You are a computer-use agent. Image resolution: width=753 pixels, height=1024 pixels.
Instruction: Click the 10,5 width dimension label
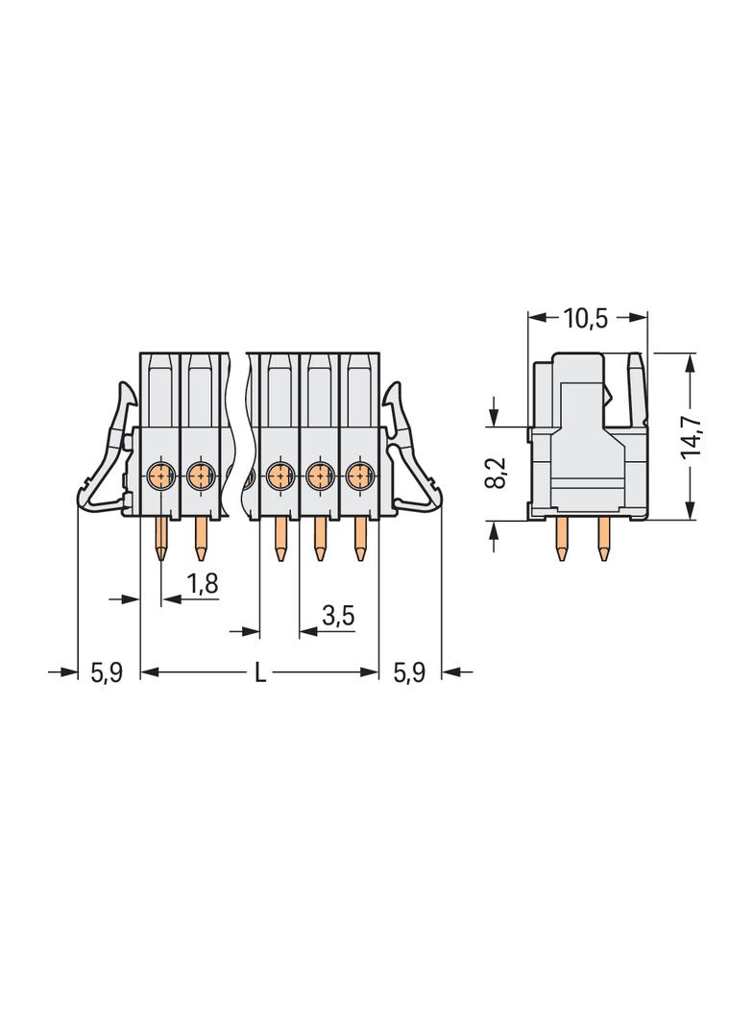(586, 319)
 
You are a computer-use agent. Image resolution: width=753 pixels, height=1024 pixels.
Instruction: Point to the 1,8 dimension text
(203, 583)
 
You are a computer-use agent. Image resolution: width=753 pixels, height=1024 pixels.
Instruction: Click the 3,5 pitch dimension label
(338, 615)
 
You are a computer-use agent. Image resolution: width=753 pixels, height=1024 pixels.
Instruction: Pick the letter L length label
(260, 672)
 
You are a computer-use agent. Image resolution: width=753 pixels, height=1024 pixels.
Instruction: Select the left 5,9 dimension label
(107, 672)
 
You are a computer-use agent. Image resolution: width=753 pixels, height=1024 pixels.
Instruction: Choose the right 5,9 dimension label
(409, 672)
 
